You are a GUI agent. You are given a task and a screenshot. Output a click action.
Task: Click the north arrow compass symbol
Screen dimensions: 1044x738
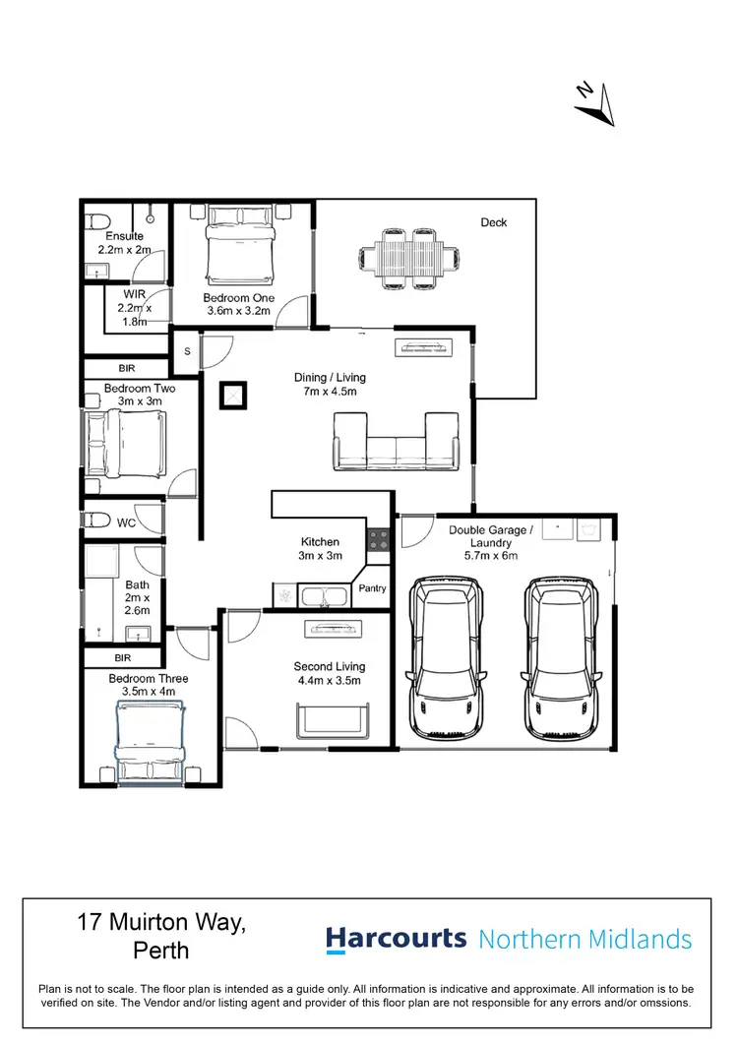pos(595,102)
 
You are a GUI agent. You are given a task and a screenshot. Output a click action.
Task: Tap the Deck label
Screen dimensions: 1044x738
pos(494,222)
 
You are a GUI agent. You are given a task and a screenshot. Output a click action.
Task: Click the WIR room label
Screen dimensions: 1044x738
pos(135,294)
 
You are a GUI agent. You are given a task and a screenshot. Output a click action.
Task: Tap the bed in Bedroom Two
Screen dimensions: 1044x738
pos(125,443)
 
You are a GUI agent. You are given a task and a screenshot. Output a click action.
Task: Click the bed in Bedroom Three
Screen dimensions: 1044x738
pos(150,740)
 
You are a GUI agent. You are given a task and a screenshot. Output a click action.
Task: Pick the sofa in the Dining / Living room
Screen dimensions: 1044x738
pos(397,443)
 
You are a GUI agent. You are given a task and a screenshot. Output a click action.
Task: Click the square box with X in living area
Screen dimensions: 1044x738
pos(234,396)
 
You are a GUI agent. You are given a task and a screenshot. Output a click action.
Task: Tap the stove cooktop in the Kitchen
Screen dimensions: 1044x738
pos(378,539)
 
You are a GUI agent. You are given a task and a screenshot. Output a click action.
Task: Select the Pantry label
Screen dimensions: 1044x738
pos(373,588)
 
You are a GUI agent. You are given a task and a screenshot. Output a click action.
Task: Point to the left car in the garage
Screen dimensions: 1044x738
pos(448,657)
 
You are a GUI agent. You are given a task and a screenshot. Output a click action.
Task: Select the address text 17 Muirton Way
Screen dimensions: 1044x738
pos(161,924)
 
